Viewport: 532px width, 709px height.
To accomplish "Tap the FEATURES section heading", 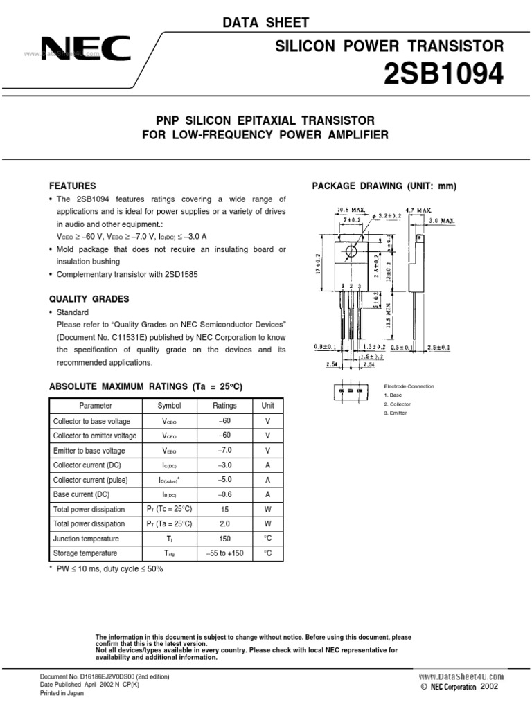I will pos(72,186).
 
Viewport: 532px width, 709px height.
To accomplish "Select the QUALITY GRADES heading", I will pos(89,299).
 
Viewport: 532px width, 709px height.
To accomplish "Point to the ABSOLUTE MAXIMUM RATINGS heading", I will pos(145,386).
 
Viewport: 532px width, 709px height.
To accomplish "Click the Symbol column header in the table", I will pos(169,406).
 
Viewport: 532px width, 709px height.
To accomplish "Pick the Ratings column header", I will pos(224,406).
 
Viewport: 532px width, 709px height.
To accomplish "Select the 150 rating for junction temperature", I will pos(224,539).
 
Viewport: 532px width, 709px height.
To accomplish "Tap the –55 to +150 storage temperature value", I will pos(224,553).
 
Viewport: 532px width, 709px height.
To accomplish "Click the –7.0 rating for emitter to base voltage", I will pos(224,450).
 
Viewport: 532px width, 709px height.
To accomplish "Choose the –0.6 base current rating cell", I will pos(224,494).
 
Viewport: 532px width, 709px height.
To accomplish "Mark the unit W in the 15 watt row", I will pos(267,509).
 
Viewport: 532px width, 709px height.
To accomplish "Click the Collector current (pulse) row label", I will pos(88,479).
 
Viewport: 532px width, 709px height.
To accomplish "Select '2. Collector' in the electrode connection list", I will pos(397,404).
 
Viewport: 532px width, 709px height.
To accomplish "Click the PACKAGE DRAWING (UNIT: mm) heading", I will pos(384,186).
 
